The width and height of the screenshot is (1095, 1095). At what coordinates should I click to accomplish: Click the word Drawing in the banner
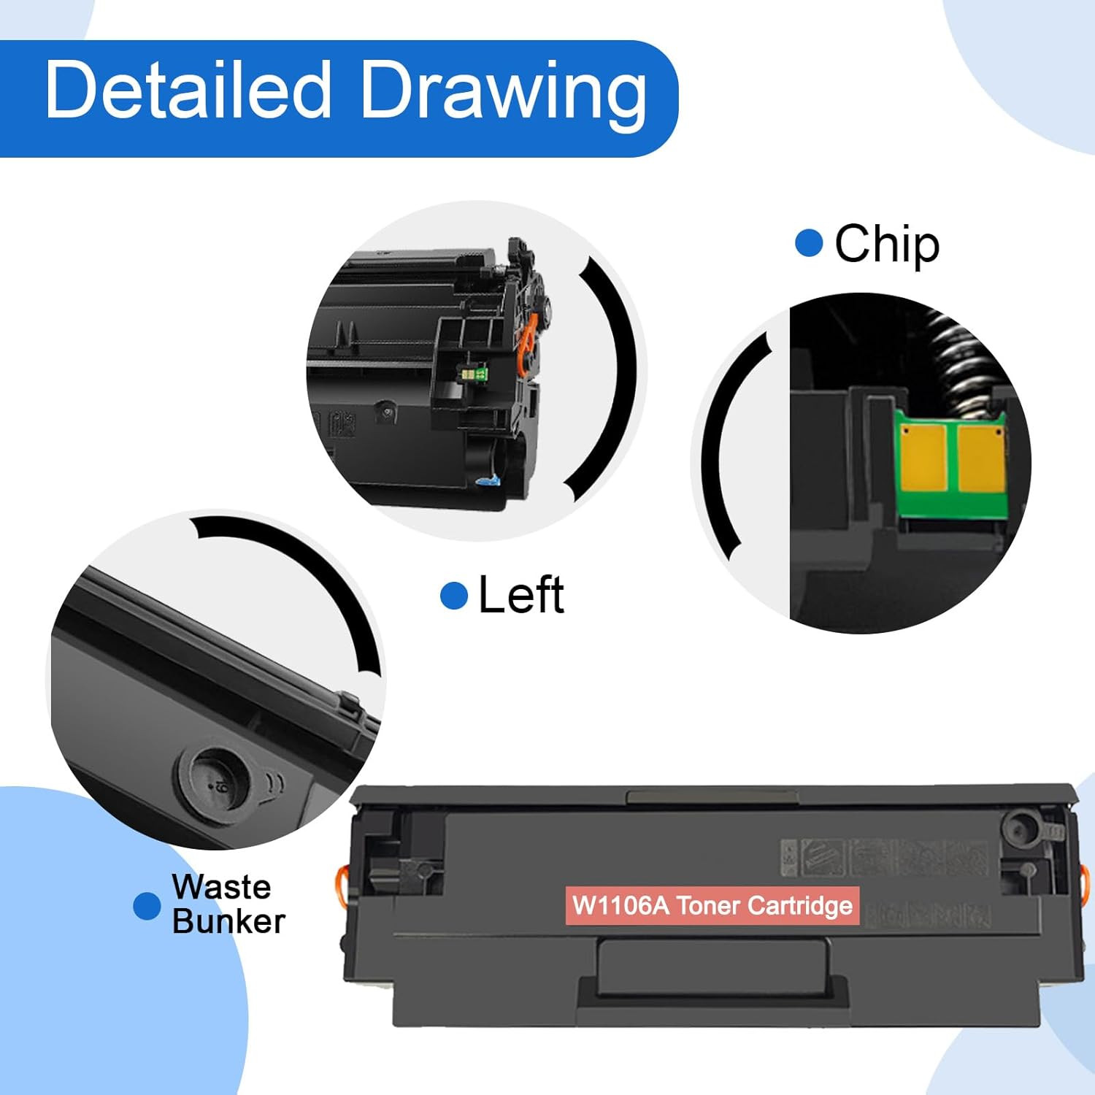pyautogui.click(x=504, y=95)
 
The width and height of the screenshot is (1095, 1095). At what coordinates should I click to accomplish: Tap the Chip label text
pyautogui.click(x=887, y=245)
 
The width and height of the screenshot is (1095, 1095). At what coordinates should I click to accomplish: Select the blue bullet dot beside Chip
pyautogui.click(x=809, y=243)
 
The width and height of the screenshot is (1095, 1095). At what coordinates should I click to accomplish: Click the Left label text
pyautogui.click(x=521, y=595)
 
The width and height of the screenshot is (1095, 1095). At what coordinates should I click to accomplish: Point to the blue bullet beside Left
pyautogui.click(x=454, y=596)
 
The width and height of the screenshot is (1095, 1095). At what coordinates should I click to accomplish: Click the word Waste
pyautogui.click(x=222, y=887)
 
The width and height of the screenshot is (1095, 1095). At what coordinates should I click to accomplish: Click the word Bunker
pyautogui.click(x=228, y=921)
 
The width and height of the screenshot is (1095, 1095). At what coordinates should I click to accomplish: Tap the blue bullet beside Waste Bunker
pyautogui.click(x=147, y=906)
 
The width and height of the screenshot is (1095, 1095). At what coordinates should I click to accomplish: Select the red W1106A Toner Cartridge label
pyautogui.click(x=712, y=905)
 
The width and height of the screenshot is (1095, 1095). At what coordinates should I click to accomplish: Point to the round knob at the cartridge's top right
pyautogui.click(x=1018, y=829)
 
